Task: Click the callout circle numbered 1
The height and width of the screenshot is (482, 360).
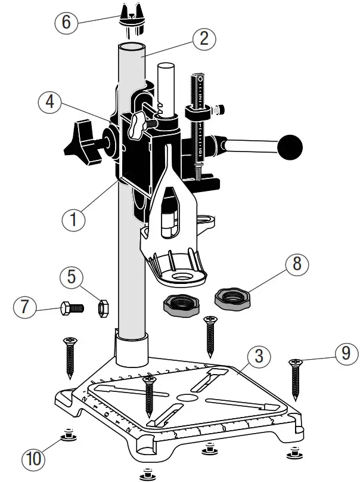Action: coord(74,219)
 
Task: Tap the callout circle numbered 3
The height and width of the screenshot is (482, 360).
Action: coord(258,357)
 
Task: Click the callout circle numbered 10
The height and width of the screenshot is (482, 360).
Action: coord(35,460)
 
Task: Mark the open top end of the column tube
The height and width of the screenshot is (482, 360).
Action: coord(130,48)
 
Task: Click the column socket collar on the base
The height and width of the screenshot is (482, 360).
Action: coord(131,350)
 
